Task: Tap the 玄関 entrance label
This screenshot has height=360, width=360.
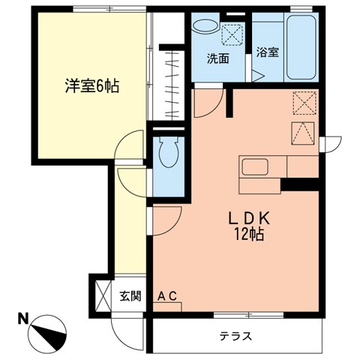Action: (130, 295)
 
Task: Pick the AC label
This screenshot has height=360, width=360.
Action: (166, 295)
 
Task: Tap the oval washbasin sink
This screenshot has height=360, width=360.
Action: (202, 25)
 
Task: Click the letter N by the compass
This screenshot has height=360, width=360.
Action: (24, 318)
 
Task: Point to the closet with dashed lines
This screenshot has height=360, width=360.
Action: (172, 82)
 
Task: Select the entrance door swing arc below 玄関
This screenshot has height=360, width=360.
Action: (124, 322)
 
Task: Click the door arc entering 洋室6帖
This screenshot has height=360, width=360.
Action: (130, 145)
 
